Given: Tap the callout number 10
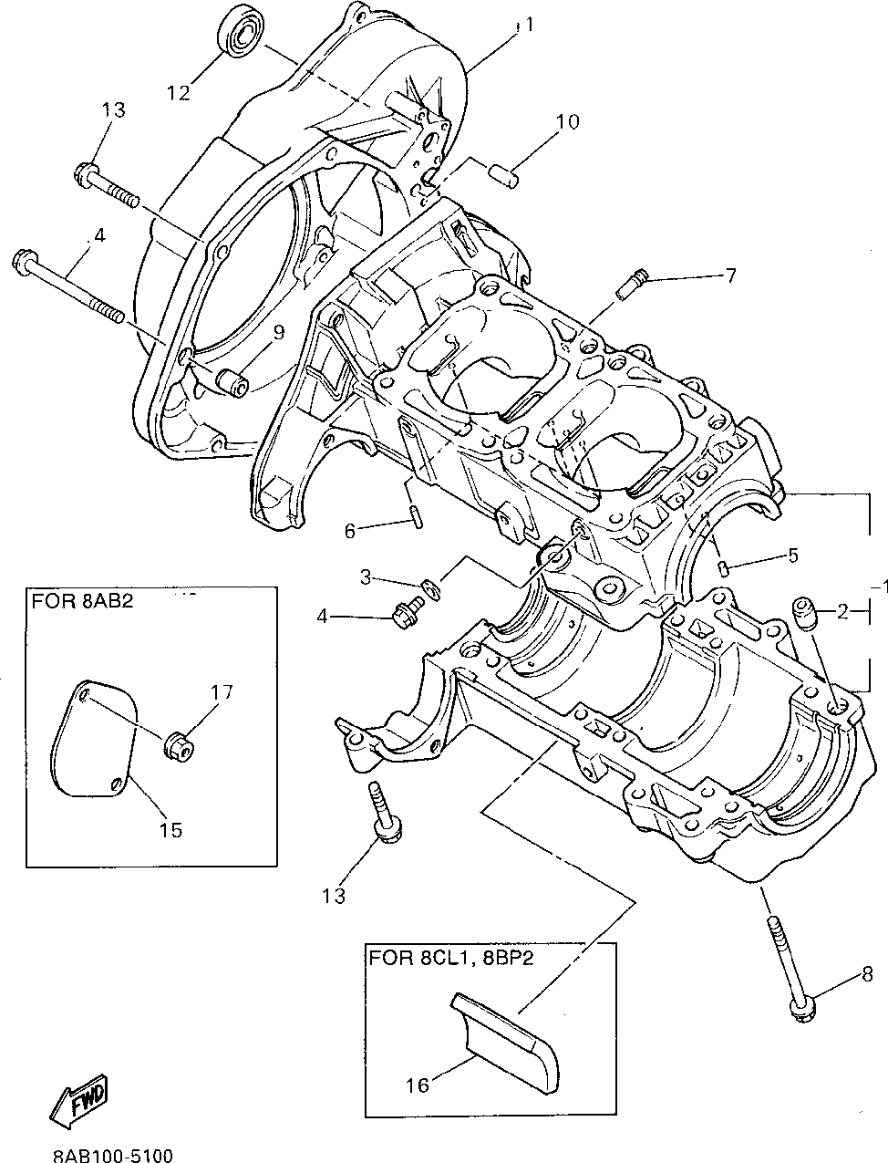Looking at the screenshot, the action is click(x=567, y=121).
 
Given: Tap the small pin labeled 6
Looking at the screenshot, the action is click(x=417, y=517).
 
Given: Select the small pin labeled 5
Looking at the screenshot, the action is click(x=723, y=568).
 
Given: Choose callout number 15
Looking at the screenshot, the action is click(x=170, y=829).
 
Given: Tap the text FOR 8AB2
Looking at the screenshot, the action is click(x=82, y=602).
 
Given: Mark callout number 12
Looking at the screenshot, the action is click(x=179, y=93).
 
